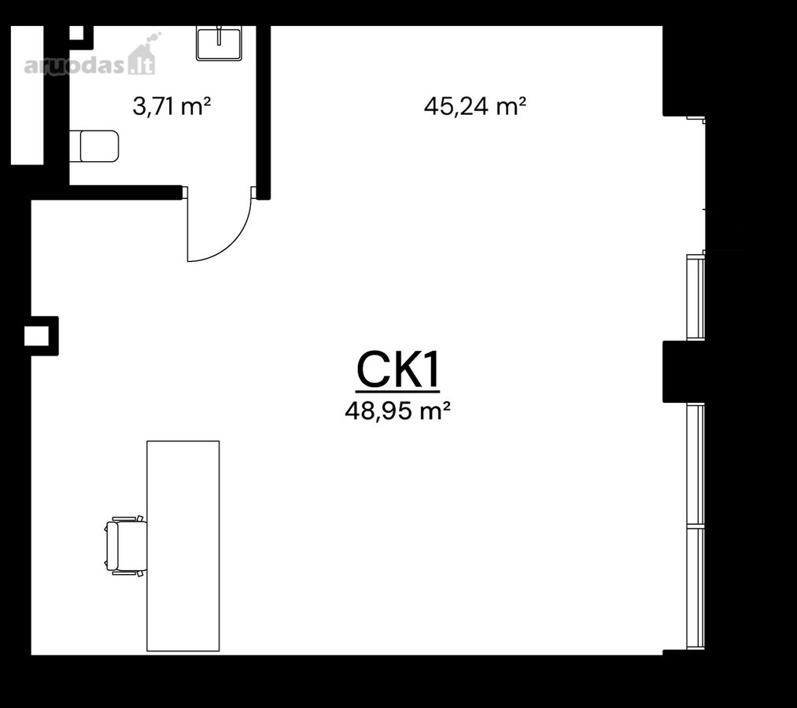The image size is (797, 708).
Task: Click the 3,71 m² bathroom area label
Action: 172,106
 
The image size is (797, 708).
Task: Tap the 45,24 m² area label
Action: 474,106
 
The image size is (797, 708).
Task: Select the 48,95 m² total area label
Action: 397,411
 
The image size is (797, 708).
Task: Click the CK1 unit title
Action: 397,370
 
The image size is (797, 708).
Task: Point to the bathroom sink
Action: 219,44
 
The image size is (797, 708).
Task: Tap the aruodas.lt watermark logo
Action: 90,60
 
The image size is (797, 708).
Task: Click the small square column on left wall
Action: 42,336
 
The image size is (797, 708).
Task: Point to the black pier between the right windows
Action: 683,372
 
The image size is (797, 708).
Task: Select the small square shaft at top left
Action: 76,32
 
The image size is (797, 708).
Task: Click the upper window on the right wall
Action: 696,297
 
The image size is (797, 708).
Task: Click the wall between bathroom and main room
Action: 263,112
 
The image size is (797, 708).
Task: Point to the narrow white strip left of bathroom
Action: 28,95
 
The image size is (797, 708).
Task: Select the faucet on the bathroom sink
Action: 219,35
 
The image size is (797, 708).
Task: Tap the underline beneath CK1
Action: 397,392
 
